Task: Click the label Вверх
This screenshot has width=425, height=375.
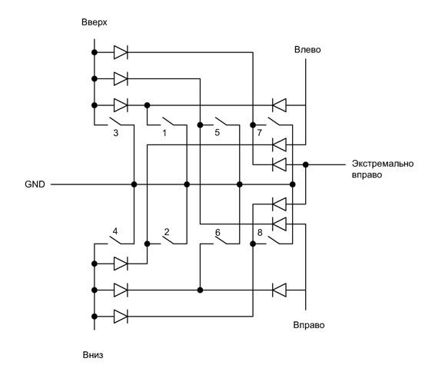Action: pos(94,22)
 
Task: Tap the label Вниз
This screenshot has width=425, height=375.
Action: pos(93,355)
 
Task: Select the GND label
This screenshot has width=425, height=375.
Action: pos(35,184)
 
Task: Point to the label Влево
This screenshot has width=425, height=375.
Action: pos(307,50)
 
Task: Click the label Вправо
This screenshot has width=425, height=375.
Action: pos(309,325)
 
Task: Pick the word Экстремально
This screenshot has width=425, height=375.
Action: pos(383,164)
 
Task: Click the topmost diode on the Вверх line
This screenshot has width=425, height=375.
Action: pos(121,52)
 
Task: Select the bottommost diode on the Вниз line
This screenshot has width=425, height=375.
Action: pos(121,317)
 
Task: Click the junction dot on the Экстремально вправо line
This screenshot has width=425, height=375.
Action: pos(306,164)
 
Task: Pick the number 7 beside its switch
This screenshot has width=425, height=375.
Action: pos(260,132)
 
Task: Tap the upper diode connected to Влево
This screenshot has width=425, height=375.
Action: pos(279,105)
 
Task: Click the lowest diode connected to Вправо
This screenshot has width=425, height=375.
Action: pos(279,290)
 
